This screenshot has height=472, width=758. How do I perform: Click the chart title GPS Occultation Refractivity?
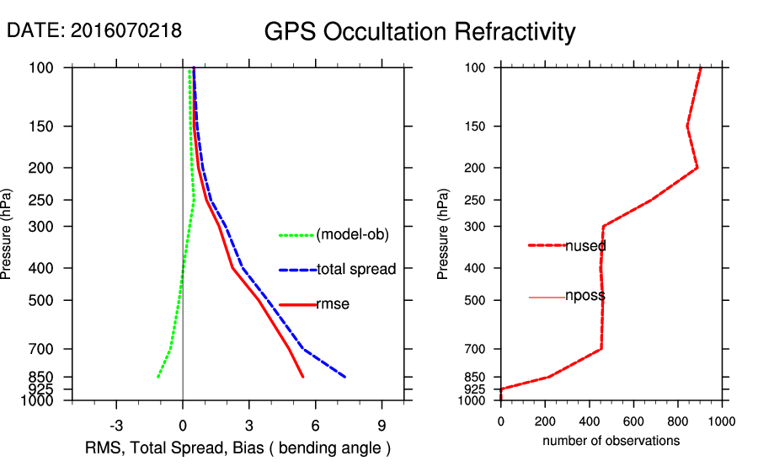pyautogui.click(x=419, y=32)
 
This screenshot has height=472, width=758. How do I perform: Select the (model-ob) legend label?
pyautogui.click(x=352, y=235)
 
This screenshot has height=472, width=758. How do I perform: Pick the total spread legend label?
pyautogui.click(x=356, y=270)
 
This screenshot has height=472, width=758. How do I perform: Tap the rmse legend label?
pyautogui.click(x=333, y=304)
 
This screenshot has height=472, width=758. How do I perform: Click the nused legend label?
pyautogui.click(x=585, y=246)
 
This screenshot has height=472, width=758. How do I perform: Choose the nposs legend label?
pyautogui.click(x=585, y=297)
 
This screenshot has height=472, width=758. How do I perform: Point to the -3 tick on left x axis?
pyautogui.click(x=115, y=425)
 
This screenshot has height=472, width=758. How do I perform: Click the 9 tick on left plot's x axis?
pyautogui.click(x=382, y=425)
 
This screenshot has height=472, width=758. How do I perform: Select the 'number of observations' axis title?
pyautogui.click(x=611, y=441)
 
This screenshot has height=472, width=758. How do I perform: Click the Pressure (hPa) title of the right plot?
pyautogui.click(x=443, y=234)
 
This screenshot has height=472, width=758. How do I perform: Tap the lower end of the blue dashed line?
pyautogui.click(x=345, y=377)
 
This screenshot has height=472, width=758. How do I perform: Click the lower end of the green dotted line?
pyautogui.click(x=157, y=377)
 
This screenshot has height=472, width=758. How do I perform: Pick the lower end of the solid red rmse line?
pyautogui.click(x=302, y=377)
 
